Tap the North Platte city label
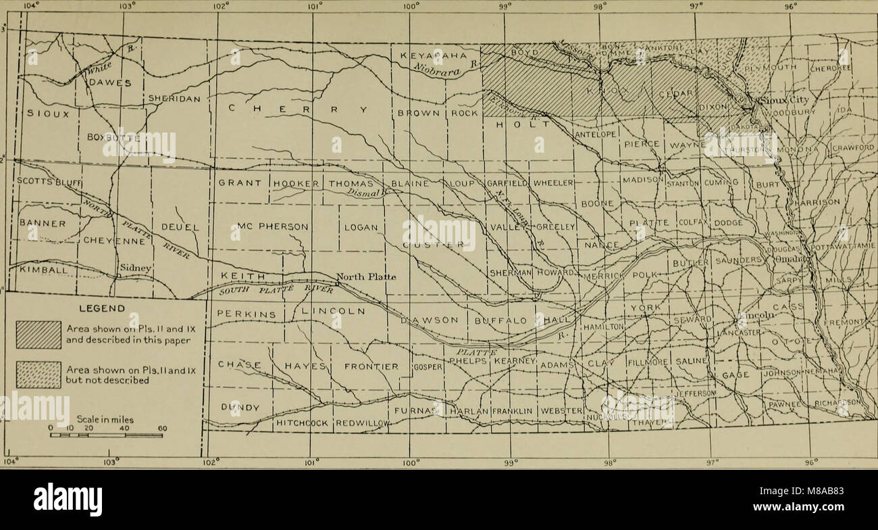[x=365, y=276]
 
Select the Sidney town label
[x=134, y=268]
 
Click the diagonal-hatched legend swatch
[x=38, y=335]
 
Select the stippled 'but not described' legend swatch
[x=38, y=375]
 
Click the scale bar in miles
[x=107, y=435]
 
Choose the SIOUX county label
[x=47, y=114]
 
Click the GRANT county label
[x=239, y=183]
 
